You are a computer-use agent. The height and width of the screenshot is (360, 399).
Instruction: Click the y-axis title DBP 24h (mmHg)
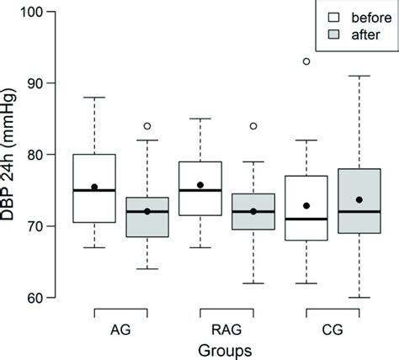click(12, 155)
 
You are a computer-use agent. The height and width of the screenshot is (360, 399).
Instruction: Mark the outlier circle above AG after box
click(146, 126)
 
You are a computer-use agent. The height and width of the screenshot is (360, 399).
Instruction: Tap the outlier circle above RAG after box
click(252, 126)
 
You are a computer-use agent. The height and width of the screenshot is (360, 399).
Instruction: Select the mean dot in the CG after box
click(359, 199)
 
